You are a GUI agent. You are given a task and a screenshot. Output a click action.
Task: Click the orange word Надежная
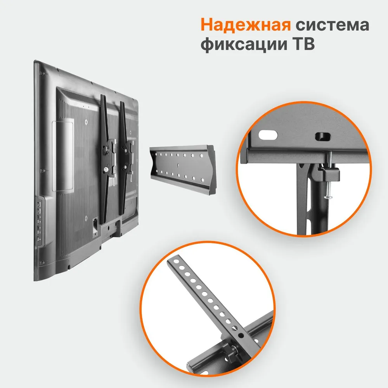246,25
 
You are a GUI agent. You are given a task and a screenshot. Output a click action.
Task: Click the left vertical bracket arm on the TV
104,159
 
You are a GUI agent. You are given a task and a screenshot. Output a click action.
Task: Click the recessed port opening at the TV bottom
95,225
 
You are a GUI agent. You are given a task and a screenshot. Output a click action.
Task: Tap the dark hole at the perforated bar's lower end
241,334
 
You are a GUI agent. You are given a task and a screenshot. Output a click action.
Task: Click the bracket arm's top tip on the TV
103,97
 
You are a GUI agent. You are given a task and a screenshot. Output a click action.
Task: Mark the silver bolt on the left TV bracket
105,169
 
